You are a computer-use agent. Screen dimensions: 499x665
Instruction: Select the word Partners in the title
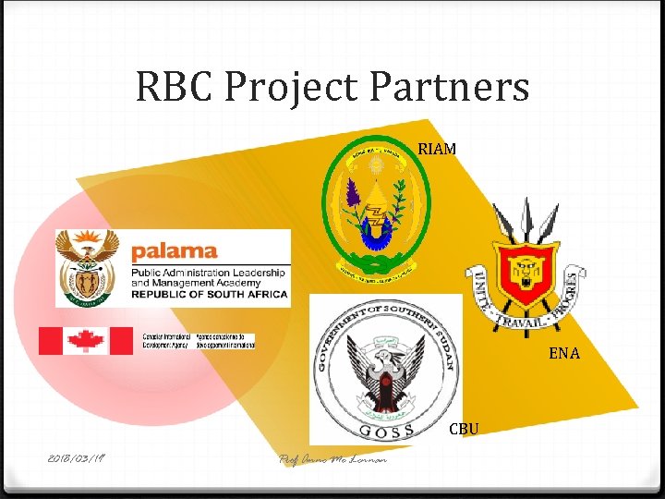[x=450, y=88]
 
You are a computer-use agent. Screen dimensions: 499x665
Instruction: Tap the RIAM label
[x=437, y=148]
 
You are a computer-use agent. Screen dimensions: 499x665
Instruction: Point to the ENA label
[x=563, y=352]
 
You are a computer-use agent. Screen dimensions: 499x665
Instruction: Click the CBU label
[x=464, y=429]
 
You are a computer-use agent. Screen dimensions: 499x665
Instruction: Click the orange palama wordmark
[x=174, y=250]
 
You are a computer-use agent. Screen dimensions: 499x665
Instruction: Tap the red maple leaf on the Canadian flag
[x=86, y=340]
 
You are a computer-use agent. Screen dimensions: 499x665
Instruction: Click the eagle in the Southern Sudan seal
[x=384, y=371]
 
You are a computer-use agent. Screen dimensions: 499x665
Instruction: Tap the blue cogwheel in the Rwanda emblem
[x=376, y=234]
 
